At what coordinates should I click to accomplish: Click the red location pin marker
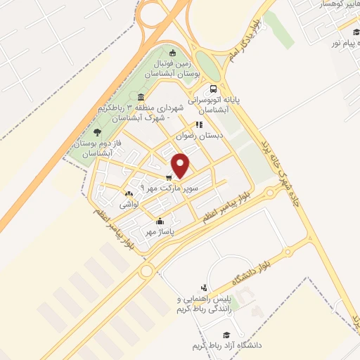point(181,165)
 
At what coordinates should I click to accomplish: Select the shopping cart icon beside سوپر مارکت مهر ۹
point(169,177)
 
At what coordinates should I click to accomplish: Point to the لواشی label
point(129,204)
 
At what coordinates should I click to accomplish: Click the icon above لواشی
point(128,194)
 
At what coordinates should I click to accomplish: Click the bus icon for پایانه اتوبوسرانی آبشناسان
point(213,89)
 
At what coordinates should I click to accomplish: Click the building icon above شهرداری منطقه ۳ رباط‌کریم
point(141,97)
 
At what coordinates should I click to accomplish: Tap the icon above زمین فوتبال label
point(173,53)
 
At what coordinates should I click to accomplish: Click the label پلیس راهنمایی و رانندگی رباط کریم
point(204,304)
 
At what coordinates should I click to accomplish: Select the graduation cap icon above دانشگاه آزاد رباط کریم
point(226,335)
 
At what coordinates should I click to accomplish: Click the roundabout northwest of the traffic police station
point(146,271)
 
